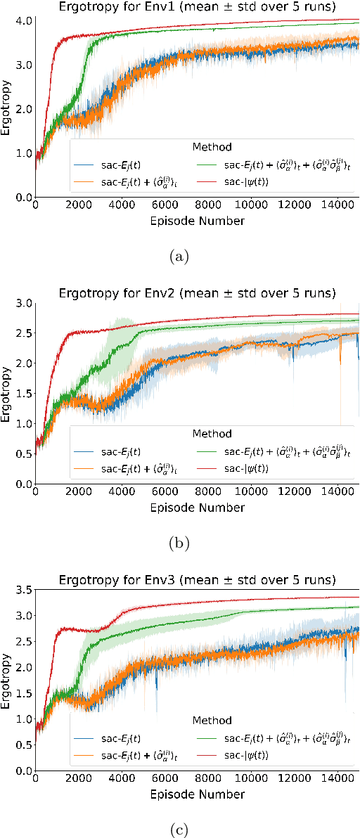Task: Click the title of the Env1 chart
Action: point(197,7)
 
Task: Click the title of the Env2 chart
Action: point(197,292)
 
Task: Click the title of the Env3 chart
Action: point(197,580)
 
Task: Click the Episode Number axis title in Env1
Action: point(197,221)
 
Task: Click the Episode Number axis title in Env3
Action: point(197,794)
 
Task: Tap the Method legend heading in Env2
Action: point(212,434)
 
